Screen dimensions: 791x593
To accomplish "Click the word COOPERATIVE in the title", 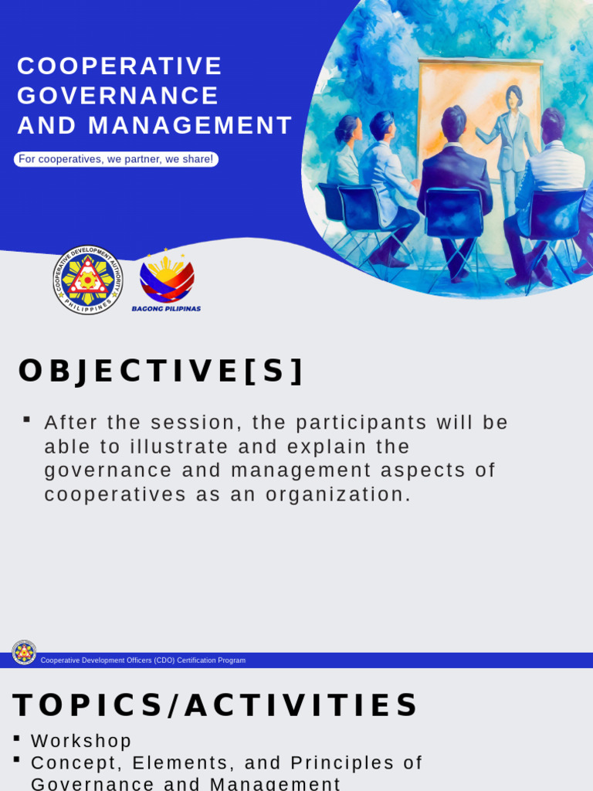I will [x=120, y=66].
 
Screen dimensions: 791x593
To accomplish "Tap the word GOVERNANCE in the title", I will [x=118, y=96].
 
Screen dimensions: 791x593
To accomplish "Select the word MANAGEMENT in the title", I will [x=190, y=125].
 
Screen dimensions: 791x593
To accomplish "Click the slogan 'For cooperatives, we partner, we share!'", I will [x=116, y=159].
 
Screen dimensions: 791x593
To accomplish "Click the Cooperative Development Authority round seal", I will [x=88, y=280].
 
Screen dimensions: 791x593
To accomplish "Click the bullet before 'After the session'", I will [x=27, y=419].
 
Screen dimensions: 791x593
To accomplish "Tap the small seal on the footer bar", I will [x=24, y=653].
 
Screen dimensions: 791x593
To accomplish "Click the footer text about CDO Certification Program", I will [x=143, y=660].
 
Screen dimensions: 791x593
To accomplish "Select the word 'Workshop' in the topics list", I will [x=81, y=741].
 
